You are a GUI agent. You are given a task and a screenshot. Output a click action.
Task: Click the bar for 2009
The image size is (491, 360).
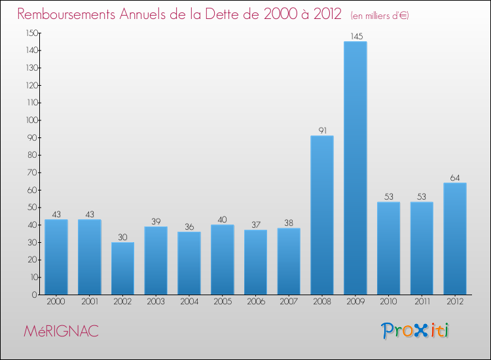coord(355,168)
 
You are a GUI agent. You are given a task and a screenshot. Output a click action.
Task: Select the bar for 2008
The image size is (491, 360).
coord(322,215)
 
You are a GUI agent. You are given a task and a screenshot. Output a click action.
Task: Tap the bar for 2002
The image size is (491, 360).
coord(122,268)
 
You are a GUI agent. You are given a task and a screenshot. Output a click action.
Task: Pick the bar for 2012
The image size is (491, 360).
coord(455,238)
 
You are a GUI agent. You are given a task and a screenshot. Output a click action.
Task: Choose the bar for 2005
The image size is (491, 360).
coord(222,260)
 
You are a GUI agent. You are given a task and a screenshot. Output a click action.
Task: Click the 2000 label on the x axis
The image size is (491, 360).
coord(56,301)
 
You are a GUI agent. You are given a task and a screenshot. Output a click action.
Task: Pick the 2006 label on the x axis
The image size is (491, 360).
coord(255,301)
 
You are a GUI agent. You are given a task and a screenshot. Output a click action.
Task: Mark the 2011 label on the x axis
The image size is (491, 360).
coord(422,301)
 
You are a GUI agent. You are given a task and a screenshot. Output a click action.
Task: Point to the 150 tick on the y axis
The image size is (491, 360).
coord(31,33)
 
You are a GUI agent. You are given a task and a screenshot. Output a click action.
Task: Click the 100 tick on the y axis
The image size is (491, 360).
coord(31,120)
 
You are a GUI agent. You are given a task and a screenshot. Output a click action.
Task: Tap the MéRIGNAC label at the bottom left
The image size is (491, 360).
coord(61,331)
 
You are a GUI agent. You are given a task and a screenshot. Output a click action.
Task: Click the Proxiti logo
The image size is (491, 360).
coord(416,331)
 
